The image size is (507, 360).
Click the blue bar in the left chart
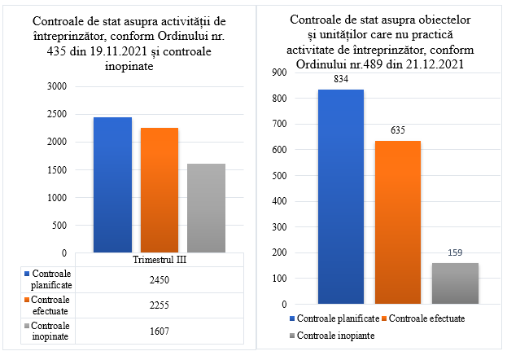[112, 185]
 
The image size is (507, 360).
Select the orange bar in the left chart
[160, 190]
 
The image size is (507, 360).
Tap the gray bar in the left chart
[206, 209]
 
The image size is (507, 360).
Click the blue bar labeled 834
[341, 196]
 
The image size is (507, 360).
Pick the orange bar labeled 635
[398, 222]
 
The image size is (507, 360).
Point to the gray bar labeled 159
[455, 283]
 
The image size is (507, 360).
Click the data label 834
[341, 79]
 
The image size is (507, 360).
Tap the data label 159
[455, 252]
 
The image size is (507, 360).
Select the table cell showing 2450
[160, 279]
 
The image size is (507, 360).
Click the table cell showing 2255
[160, 305]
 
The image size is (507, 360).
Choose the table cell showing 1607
[160, 331]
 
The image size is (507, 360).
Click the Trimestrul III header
[160, 260]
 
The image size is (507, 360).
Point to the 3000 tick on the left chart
[57, 86]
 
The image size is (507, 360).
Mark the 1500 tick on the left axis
[57, 169]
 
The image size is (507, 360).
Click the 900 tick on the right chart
[280, 72]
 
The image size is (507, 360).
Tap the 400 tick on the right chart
[280, 201]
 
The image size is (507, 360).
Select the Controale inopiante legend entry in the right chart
[332, 336]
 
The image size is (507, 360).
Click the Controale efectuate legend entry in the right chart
[423, 318]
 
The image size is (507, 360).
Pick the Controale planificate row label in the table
[49, 279]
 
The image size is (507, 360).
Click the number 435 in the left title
[57, 51]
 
